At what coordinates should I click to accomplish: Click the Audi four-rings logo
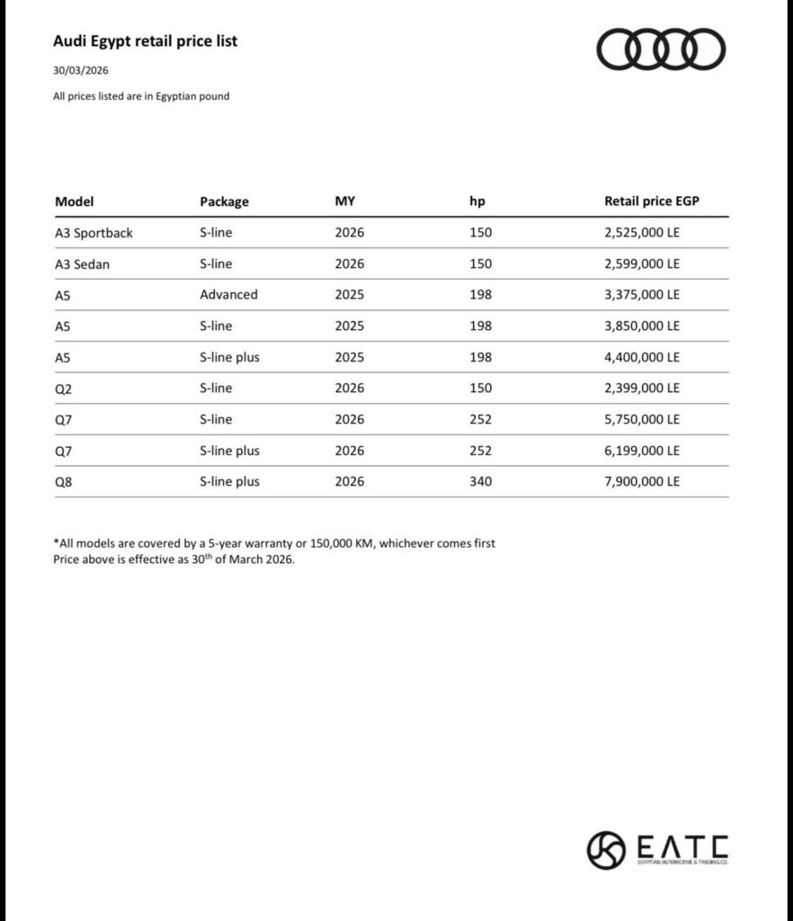click(x=660, y=49)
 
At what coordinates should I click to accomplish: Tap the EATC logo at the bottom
click(x=657, y=850)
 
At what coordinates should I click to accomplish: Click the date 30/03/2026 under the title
click(x=81, y=70)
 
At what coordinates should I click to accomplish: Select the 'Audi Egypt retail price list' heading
click(x=145, y=41)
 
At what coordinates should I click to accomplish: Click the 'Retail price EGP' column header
click(x=651, y=201)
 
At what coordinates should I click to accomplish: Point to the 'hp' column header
click(x=477, y=201)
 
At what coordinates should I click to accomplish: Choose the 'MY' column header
click(x=344, y=201)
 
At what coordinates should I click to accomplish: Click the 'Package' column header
click(x=224, y=201)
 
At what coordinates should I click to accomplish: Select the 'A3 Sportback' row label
click(x=94, y=233)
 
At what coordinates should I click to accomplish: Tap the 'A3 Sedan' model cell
click(x=82, y=264)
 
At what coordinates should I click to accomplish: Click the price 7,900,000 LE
click(x=642, y=481)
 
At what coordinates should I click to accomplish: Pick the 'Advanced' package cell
click(x=228, y=295)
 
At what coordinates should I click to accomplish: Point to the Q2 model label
click(x=63, y=389)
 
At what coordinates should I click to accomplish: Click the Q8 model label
click(x=63, y=481)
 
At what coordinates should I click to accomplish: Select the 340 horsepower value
click(x=480, y=481)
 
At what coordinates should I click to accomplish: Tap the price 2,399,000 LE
click(x=642, y=389)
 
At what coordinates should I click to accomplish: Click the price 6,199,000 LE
click(x=642, y=451)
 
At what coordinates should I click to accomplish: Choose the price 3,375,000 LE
click(x=642, y=295)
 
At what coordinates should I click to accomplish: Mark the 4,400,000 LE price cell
click(x=642, y=357)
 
